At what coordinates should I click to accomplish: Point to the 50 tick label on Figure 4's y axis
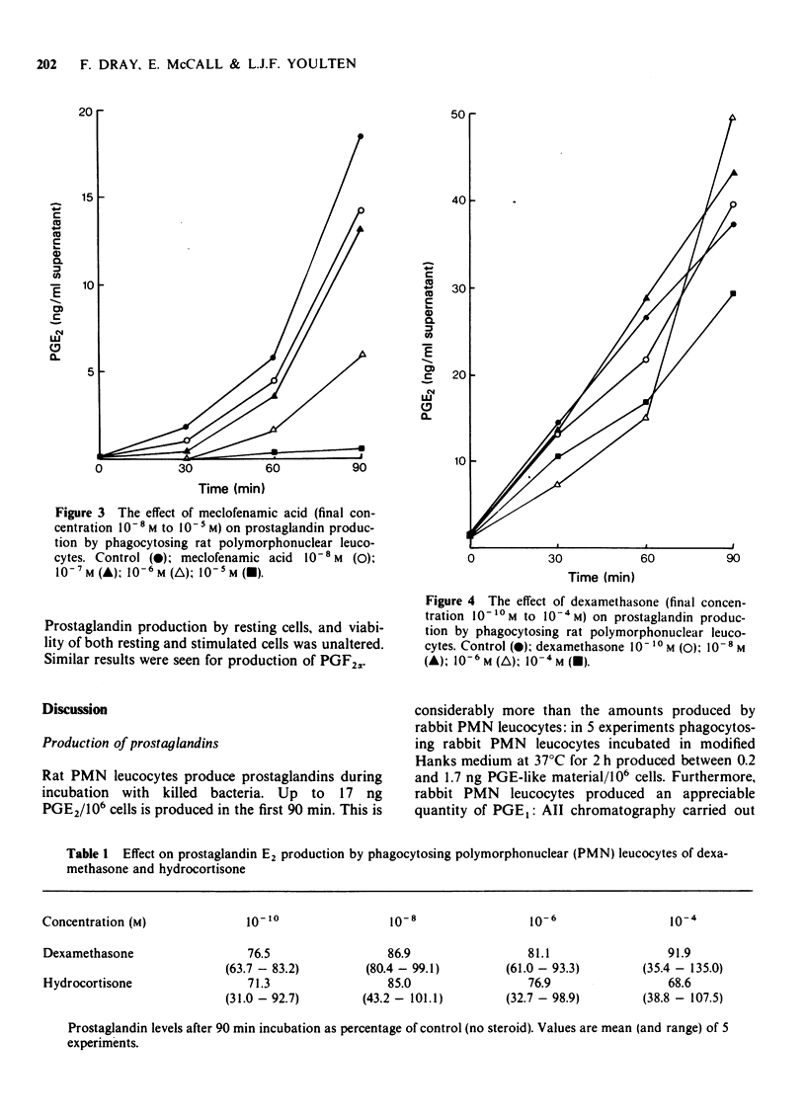click(x=456, y=115)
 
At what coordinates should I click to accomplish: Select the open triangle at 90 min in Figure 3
click(x=362, y=354)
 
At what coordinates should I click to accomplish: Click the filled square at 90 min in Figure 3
click(x=362, y=448)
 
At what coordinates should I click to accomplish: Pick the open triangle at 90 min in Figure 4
click(x=732, y=119)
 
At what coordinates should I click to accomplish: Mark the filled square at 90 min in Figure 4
click(x=732, y=293)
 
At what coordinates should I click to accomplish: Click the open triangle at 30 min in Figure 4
click(x=558, y=485)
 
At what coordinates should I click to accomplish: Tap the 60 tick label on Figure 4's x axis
click(x=646, y=559)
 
